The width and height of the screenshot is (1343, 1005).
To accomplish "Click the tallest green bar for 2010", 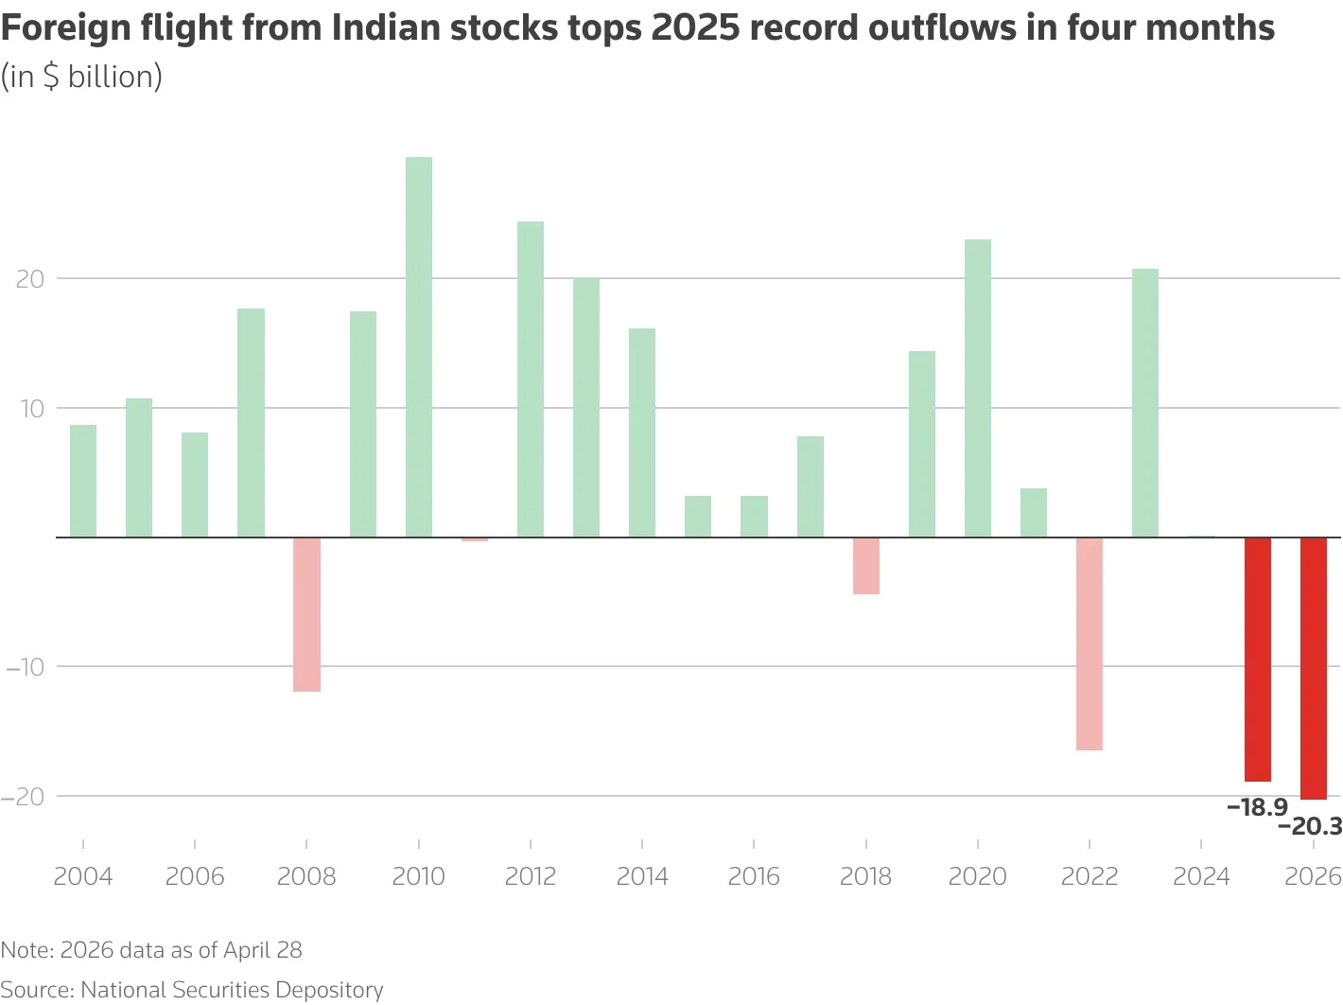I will pyautogui.click(x=419, y=346).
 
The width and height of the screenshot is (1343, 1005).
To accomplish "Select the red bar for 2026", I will pyautogui.click(x=1313, y=668).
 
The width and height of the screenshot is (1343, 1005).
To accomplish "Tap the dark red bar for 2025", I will pyautogui.click(x=1257, y=659).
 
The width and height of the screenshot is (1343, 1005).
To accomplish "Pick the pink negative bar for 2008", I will pyautogui.click(x=306, y=614).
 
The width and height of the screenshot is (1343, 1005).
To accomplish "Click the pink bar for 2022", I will pyautogui.click(x=1089, y=644).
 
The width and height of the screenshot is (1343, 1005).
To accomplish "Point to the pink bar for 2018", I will pyautogui.click(x=865, y=565).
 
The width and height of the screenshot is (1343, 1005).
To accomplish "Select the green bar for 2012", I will pyautogui.click(x=531, y=379).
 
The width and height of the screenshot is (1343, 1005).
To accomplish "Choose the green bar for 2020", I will pyautogui.click(x=977, y=388).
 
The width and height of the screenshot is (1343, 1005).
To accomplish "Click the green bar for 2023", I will pyautogui.click(x=1144, y=402).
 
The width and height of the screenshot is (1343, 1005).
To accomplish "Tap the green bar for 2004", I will pyautogui.click(x=83, y=481).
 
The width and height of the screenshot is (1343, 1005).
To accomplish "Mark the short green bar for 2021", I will pyautogui.click(x=1033, y=512).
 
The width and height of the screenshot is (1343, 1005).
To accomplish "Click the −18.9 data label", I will pyautogui.click(x=1257, y=807).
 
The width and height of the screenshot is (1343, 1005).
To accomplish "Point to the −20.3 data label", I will pyautogui.click(x=1310, y=827).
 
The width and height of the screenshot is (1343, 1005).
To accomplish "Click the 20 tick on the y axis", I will pyautogui.click(x=30, y=279).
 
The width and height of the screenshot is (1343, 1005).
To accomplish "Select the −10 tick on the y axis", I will pyautogui.click(x=26, y=667).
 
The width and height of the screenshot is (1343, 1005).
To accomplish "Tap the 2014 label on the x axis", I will pyautogui.click(x=642, y=876).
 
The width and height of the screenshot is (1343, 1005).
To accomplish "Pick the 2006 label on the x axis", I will pyautogui.click(x=195, y=876).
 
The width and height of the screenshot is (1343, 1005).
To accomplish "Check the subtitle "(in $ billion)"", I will pyautogui.click(x=81, y=77).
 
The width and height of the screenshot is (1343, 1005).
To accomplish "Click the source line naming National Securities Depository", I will pyautogui.click(x=192, y=990).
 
